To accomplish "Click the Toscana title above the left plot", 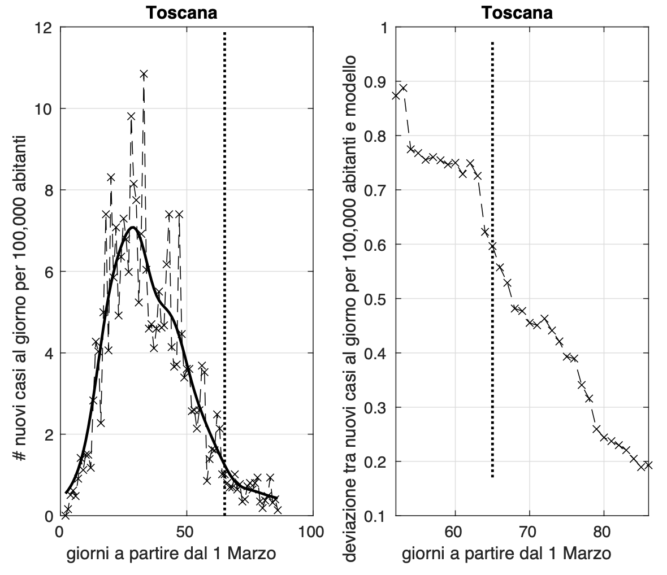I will click(181, 12).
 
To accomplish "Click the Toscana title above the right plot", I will click(517, 12).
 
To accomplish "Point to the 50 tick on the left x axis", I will click(186, 532).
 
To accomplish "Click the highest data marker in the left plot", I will click(144, 74).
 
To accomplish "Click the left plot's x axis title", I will click(171, 555).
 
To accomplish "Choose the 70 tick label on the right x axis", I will click(530, 532).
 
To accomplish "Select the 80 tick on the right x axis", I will click(604, 532).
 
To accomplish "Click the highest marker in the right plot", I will click(403, 88).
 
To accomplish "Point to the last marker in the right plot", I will click(648, 465).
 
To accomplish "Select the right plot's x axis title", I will click(506, 555).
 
